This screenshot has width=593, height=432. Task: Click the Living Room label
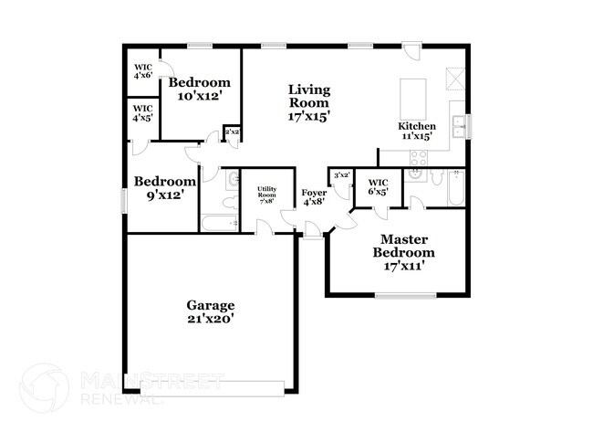(308, 102)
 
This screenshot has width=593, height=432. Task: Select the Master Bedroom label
(407, 252)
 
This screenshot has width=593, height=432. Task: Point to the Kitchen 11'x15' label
(416, 131)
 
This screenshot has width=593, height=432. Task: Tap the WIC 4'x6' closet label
(143, 71)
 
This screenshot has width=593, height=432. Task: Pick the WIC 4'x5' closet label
(143, 113)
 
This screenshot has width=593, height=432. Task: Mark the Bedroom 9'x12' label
(164, 187)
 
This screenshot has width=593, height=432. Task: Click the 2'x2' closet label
(232, 132)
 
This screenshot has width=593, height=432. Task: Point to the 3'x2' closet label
(342, 175)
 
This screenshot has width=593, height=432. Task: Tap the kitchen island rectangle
(413, 95)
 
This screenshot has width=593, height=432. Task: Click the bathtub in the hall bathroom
(219, 222)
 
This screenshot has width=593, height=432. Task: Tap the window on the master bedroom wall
(405, 294)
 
